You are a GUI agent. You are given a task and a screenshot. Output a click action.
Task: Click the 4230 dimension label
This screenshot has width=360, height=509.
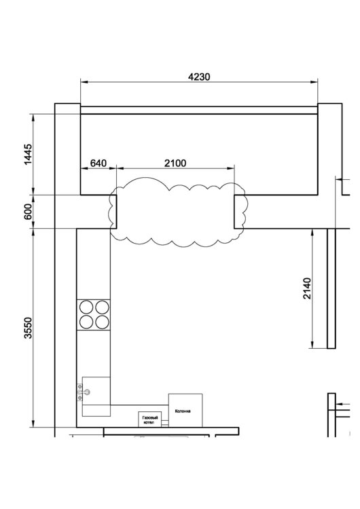(x=199, y=77)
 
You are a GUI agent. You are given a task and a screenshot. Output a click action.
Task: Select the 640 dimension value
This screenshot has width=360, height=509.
(x=98, y=163)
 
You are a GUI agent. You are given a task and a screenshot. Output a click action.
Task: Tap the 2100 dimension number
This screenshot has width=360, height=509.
(x=175, y=163)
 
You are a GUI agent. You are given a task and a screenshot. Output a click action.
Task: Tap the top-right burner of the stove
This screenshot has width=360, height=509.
(x=102, y=307)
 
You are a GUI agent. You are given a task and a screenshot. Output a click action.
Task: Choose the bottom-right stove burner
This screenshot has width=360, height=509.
(x=102, y=322)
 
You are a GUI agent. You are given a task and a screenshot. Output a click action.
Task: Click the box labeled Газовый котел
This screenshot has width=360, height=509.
(x=150, y=419)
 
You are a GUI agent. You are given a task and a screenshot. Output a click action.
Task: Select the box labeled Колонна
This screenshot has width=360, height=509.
(x=185, y=411)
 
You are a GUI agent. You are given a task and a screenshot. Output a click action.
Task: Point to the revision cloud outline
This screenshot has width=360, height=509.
(x=177, y=182)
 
